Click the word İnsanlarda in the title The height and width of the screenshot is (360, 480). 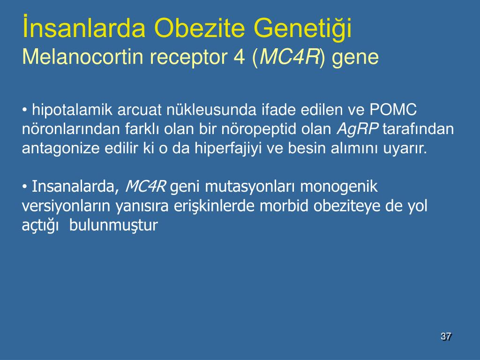click(x=84, y=27)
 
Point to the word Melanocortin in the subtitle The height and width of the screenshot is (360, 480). click(x=82, y=57)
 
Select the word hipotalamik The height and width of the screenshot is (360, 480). click(x=72, y=110)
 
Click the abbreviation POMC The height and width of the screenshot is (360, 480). click(x=393, y=109)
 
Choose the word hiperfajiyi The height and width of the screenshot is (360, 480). click(x=228, y=149)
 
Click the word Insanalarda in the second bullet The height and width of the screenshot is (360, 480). click(x=75, y=187)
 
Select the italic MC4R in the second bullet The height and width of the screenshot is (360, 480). click(x=145, y=186)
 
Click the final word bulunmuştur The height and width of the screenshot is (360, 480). click(x=113, y=225)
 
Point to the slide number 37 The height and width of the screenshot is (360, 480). click(x=446, y=337)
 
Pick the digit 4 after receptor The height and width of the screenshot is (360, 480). click(x=239, y=57)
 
